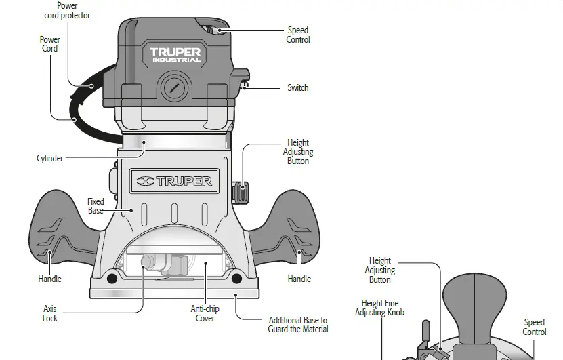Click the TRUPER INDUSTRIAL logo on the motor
point(175,54)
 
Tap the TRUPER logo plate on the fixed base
point(174,181)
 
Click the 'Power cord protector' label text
point(67,11)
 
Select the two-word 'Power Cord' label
point(49,44)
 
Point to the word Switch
point(297,88)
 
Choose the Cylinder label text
point(49,159)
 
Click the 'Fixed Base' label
point(96,206)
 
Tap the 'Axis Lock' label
point(50,314)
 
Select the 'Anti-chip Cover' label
point(205,314)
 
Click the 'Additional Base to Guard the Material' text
point(298,325)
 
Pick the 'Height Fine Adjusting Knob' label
point(379,308)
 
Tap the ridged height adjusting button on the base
point(238,192)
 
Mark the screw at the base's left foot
point(111,278)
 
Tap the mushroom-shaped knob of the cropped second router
point(474,298)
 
